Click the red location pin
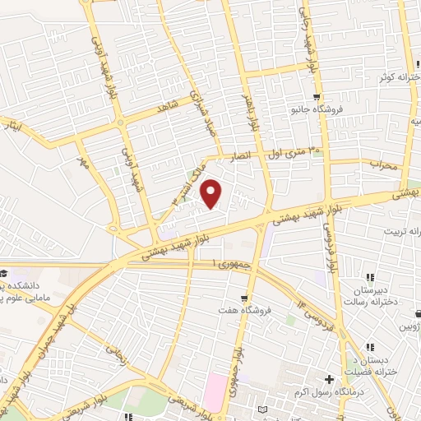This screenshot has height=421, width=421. [212, 193]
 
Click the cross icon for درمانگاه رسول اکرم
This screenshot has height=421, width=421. [329, 380]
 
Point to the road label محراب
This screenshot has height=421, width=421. [382, 164]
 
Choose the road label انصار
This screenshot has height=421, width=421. [250, 155]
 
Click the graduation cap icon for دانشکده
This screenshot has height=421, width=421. [4, 273]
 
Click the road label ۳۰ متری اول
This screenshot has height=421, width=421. [293, 150]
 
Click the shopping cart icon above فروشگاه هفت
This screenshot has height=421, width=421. [243, 297]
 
